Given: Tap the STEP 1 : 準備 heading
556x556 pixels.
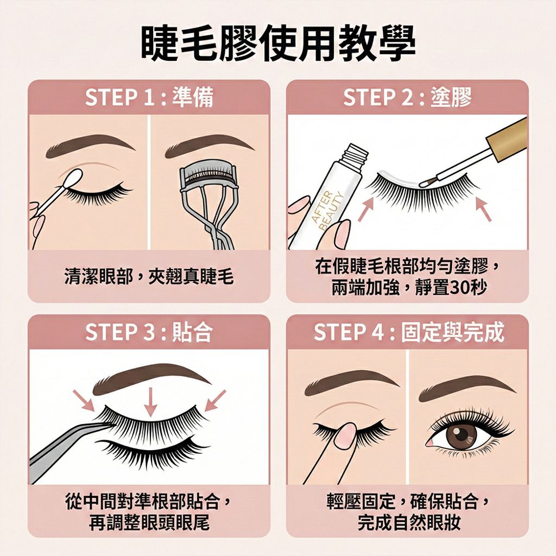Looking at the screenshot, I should pyautogui.click(x=149, y=98).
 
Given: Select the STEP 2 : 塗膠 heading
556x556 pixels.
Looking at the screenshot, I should pyautogui.click(x=407, y=98).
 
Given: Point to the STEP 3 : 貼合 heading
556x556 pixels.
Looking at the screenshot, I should pyautogui.click(x=149, y=332).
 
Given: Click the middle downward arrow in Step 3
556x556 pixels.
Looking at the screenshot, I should pyautogui.click(x=150, y=402).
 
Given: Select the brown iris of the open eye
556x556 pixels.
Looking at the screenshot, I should pyautogui.click(x=462, y=434).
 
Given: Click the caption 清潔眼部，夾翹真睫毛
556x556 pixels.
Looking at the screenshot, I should pyautogui.click(x=149, y=277).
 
